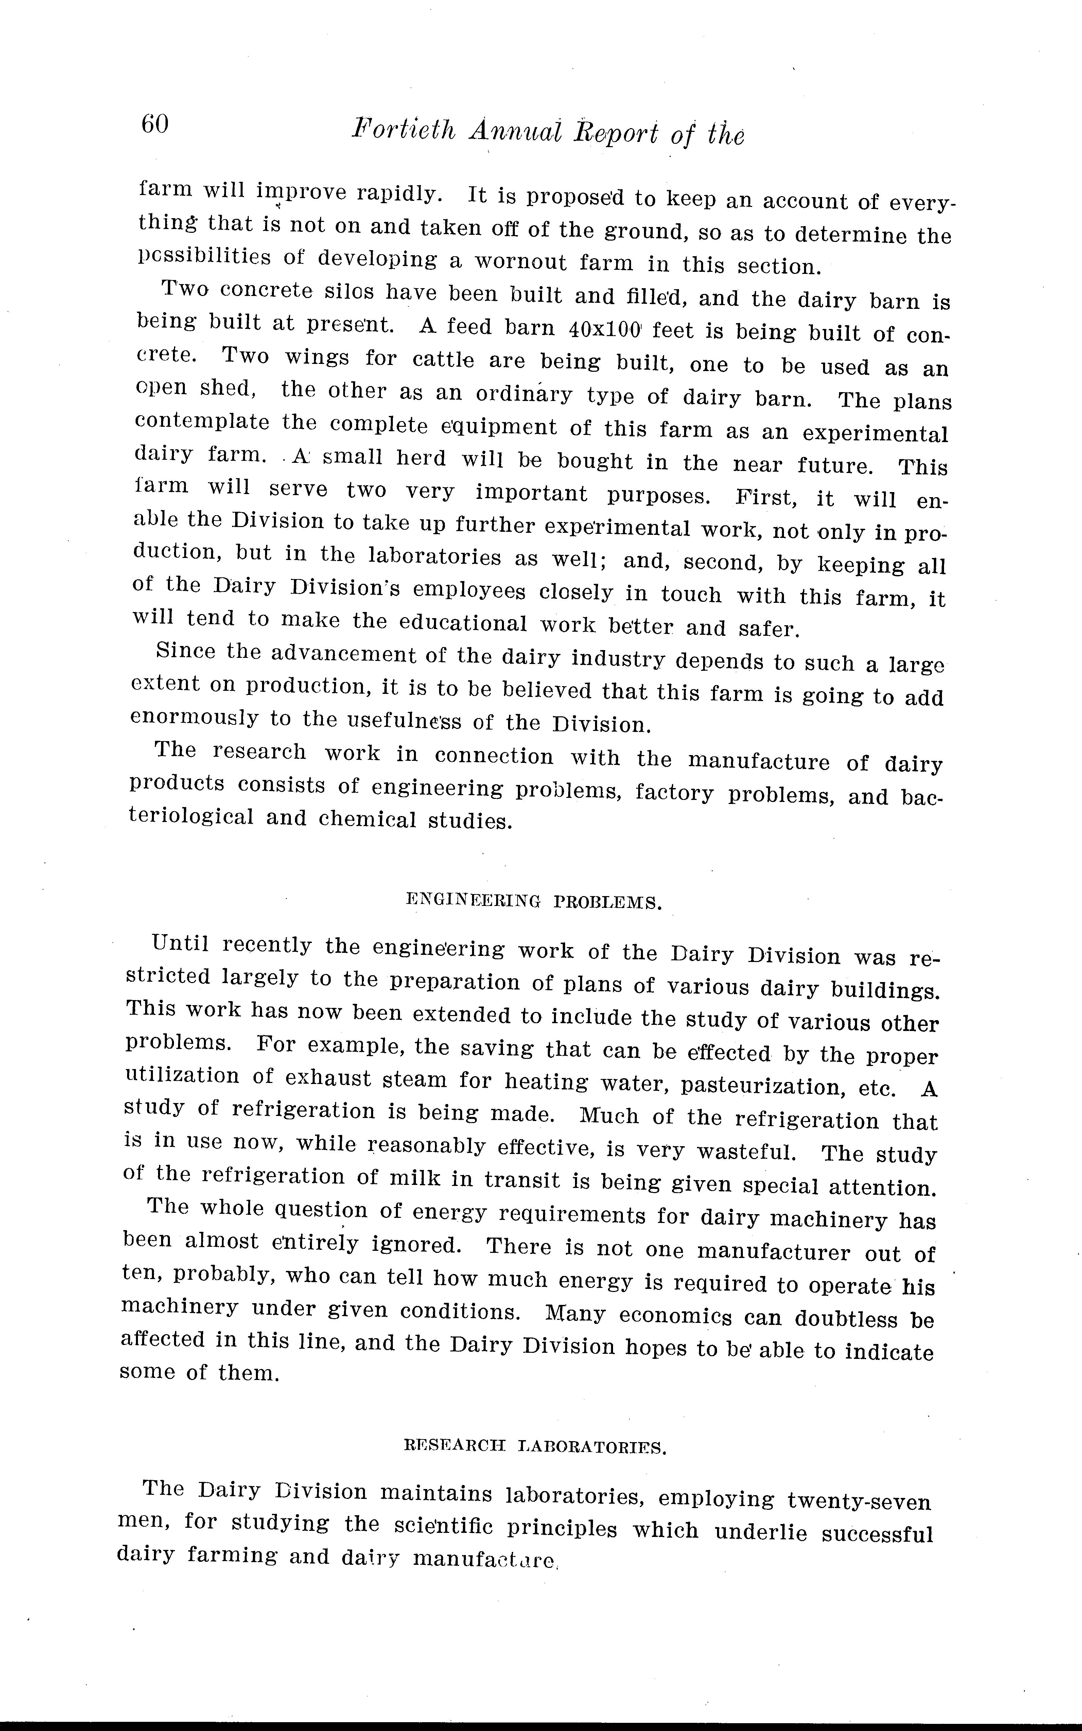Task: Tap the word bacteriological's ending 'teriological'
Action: point(191,817)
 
